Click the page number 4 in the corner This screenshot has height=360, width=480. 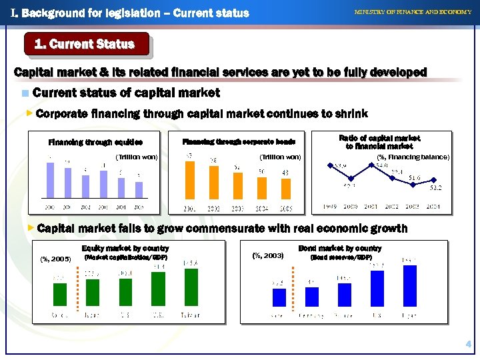[469, 344]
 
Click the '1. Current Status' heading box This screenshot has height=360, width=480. [84, 45]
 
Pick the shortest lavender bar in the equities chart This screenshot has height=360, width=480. [139, 187]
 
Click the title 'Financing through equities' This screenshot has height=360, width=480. [95, 141]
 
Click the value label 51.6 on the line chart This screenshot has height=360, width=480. [414, 177]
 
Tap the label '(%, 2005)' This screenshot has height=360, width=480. [56, 259]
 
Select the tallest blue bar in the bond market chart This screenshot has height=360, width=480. [410, 286]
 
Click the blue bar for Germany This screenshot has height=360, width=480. [311, 297]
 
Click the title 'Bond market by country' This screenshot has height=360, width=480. [339, 249]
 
